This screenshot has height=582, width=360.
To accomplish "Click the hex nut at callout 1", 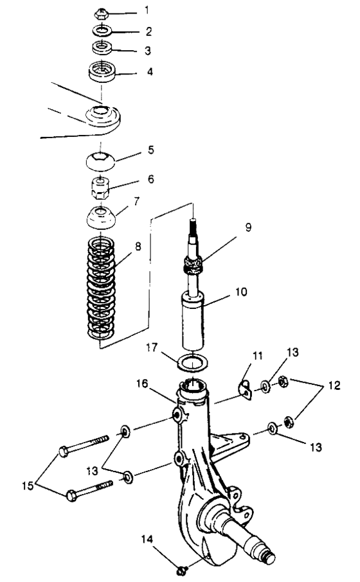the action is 101,15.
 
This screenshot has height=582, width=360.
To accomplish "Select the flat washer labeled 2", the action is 101,30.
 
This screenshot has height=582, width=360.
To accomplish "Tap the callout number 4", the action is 150,72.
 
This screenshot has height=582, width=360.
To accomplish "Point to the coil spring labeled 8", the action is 101,288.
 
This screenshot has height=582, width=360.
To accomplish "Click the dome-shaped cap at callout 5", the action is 101,161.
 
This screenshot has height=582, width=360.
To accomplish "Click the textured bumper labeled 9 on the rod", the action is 194,265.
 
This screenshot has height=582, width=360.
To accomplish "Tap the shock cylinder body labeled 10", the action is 194,321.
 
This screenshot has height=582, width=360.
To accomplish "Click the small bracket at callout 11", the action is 245,390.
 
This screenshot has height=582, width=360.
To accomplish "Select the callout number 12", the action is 335,385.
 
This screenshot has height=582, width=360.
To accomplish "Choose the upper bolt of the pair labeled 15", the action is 84,445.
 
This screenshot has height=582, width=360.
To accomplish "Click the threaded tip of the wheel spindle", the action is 268,557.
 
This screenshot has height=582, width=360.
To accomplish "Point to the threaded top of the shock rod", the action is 194,225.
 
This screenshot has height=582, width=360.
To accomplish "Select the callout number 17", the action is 152,348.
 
